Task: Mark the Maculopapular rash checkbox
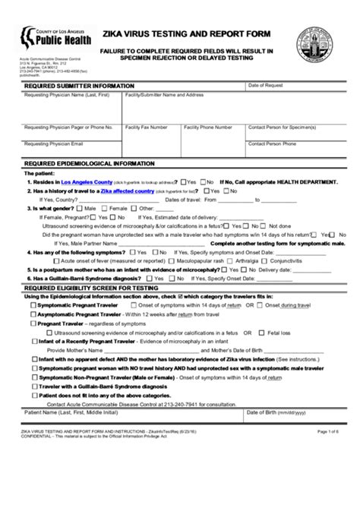157,260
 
